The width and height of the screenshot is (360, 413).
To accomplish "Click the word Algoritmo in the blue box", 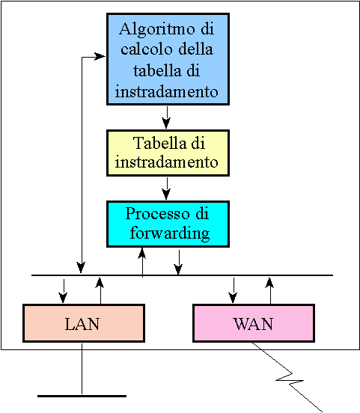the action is click(157, 29).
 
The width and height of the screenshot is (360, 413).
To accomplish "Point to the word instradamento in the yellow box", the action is click(167, 162).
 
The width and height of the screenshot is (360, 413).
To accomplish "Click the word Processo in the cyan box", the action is click(157, 213).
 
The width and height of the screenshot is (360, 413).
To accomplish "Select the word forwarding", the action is click(170, 233).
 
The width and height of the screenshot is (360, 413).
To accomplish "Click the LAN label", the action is click(82, 324).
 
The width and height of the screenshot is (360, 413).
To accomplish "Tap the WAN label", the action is click(253, 324).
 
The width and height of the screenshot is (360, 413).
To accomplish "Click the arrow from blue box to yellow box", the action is click(167, 117).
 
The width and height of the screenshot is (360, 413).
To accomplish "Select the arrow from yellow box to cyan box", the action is click(167, 189).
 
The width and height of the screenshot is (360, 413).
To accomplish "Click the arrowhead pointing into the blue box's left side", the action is click(100, 56).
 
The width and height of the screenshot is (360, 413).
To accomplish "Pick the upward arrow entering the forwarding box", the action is click(142, 263).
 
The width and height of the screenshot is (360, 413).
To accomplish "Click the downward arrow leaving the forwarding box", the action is click(179, 263).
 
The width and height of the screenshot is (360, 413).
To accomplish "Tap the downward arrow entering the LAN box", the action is click(63, 291).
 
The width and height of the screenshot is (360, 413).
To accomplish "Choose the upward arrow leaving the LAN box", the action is click(100, 291).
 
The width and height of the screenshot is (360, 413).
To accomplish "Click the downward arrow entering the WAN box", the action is click(233, 290).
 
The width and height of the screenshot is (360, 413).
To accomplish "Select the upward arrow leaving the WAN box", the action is click(270, 291).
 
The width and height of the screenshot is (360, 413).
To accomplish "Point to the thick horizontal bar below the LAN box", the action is click(82, 396).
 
